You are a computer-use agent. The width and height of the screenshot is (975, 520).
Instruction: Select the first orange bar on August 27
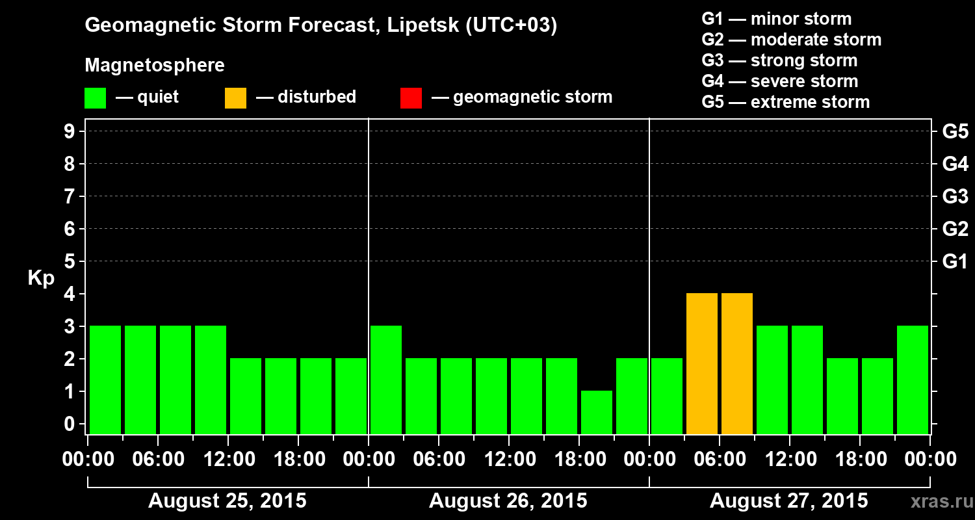coord(702,363)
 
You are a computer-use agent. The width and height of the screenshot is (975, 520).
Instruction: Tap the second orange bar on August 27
coord(737,363)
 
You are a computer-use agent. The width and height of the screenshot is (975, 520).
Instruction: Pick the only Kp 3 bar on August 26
coord(386,380)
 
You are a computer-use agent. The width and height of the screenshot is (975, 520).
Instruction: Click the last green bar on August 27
coord(913,380)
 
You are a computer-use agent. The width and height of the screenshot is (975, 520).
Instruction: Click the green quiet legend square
coord(95,97)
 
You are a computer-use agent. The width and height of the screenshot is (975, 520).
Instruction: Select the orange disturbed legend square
coord(235,97)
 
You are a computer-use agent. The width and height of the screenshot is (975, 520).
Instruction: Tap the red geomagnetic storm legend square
coord(411,97)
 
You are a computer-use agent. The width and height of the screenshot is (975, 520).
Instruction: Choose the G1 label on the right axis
coord(955,261)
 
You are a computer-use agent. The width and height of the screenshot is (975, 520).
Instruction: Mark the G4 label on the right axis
coord(955,164)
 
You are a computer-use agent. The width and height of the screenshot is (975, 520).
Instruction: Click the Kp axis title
coord(41,278)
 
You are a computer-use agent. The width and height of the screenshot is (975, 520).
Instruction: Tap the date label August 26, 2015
coord(508,500)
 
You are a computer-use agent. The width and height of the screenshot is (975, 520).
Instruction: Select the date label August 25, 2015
coord(227,500)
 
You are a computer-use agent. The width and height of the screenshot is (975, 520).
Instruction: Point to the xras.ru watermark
coord(937,501)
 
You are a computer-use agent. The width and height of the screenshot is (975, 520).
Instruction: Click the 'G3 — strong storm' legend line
coord(779,60)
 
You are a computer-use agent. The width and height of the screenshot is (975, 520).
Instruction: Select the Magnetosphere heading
coord(155,66)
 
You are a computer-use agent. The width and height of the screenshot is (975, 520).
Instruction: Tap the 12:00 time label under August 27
coord(789,459)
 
